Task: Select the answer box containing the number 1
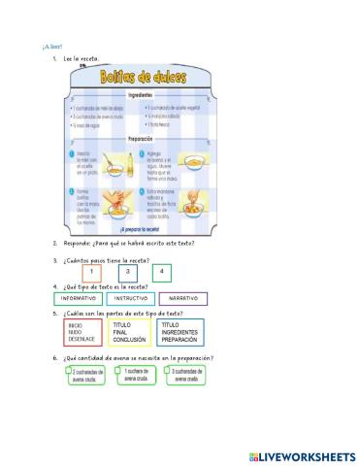pos(89,273)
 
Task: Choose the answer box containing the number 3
pos(128,273)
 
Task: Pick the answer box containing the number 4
pos(161,273)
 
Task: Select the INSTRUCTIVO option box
pos(129,298)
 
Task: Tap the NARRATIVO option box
pos(181,298)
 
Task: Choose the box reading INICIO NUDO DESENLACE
pos(82,333)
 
